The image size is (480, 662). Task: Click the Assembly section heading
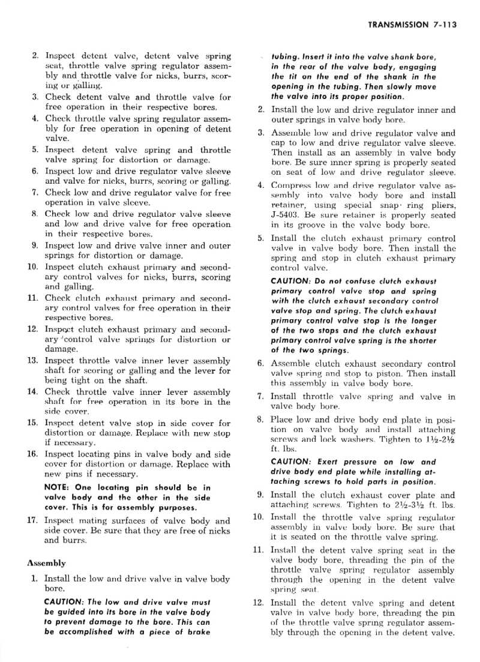pos(46,563)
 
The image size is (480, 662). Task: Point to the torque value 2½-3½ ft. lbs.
pos(414,505)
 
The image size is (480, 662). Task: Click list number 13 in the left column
pos(33,361)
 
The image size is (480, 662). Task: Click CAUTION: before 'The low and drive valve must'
pos(65,602)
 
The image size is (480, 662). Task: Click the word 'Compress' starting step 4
pos(290,185)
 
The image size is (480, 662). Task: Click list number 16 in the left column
pos(33,454)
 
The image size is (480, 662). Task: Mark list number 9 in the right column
pos(260,495)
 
